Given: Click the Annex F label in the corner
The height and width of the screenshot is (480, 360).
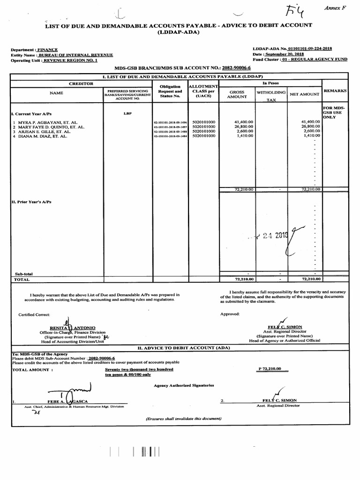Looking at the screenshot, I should (x=336, y=9).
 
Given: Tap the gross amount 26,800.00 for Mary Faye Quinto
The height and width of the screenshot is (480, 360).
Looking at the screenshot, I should (x=244, y=127).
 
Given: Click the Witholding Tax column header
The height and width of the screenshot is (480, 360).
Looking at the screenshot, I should (x=271, y=96).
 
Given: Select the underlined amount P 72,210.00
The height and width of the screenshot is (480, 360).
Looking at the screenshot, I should (x=270, y=369).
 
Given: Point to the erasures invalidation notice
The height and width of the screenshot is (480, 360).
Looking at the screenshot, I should (x=183, y=418).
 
